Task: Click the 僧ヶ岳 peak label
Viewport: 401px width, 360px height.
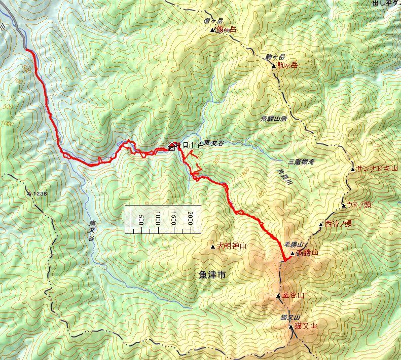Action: tap(226, 30)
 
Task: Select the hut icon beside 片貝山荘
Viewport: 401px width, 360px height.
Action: tap(171, 148)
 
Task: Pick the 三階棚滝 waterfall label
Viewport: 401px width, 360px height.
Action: tap(301, 162)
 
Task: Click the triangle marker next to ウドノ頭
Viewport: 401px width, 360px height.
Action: tap(344, 205)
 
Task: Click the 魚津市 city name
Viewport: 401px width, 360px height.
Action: tap(212, 275)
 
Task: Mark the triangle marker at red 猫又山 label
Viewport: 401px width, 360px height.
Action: tap(291, 327)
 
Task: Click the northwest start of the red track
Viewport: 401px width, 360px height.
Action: tap(26, 50)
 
